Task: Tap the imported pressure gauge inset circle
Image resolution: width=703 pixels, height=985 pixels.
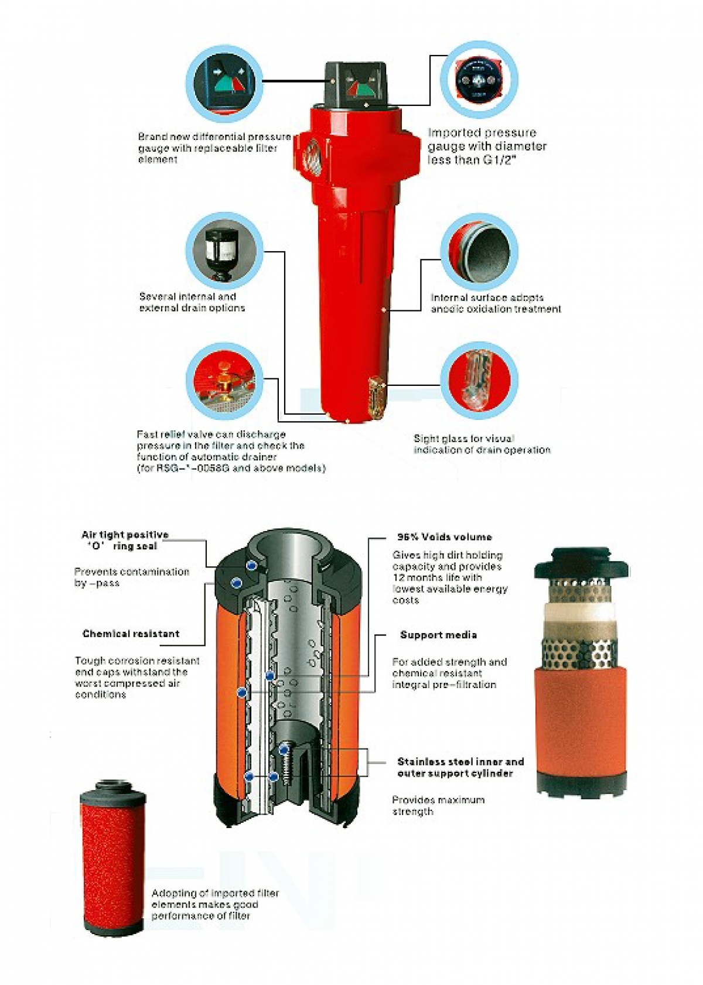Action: (479, 80)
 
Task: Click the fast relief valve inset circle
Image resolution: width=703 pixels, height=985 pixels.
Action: (224, 382)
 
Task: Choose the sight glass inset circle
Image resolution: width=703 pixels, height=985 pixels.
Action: (479, 381)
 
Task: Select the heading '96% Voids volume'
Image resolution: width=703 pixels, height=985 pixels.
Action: (444, 537)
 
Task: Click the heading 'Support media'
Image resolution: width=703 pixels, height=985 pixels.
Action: (438, 635)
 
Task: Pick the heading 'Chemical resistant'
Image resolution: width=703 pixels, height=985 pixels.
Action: (131, 634)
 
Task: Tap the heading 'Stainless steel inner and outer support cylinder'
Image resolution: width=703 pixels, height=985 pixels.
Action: (460, 767)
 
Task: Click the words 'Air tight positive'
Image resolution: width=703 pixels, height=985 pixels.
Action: (125, 535)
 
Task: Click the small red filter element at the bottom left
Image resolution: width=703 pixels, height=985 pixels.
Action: (112, 858)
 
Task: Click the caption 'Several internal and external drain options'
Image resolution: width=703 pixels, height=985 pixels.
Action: (192, 302)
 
